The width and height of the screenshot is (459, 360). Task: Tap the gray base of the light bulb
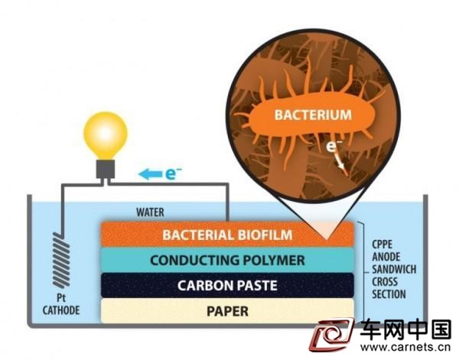click(106, 169)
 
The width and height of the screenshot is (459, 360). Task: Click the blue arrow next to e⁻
click(150, 174)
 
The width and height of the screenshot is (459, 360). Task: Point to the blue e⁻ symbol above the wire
click(174, 174)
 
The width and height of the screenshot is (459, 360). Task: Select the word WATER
click(150, 212)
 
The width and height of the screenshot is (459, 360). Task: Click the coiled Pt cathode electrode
click(61, 261)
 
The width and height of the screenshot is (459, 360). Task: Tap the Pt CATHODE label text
click(61, 304)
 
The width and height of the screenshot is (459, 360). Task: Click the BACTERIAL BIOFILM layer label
click(227, 235)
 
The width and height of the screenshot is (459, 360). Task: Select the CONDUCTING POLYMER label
click(227, 261)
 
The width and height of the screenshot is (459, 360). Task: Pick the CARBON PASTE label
click(227, 285)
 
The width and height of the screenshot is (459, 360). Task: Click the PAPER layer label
click(227, 311)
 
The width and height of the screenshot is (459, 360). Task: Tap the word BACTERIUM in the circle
click(313, 115)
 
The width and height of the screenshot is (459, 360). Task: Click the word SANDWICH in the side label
click(394, 269)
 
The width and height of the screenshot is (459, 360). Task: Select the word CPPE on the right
click(382, 245)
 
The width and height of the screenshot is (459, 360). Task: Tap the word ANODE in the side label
click(386, 257)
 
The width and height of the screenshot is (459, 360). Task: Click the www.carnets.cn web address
click(405, 348)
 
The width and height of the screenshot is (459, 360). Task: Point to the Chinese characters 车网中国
click(405, 330)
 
